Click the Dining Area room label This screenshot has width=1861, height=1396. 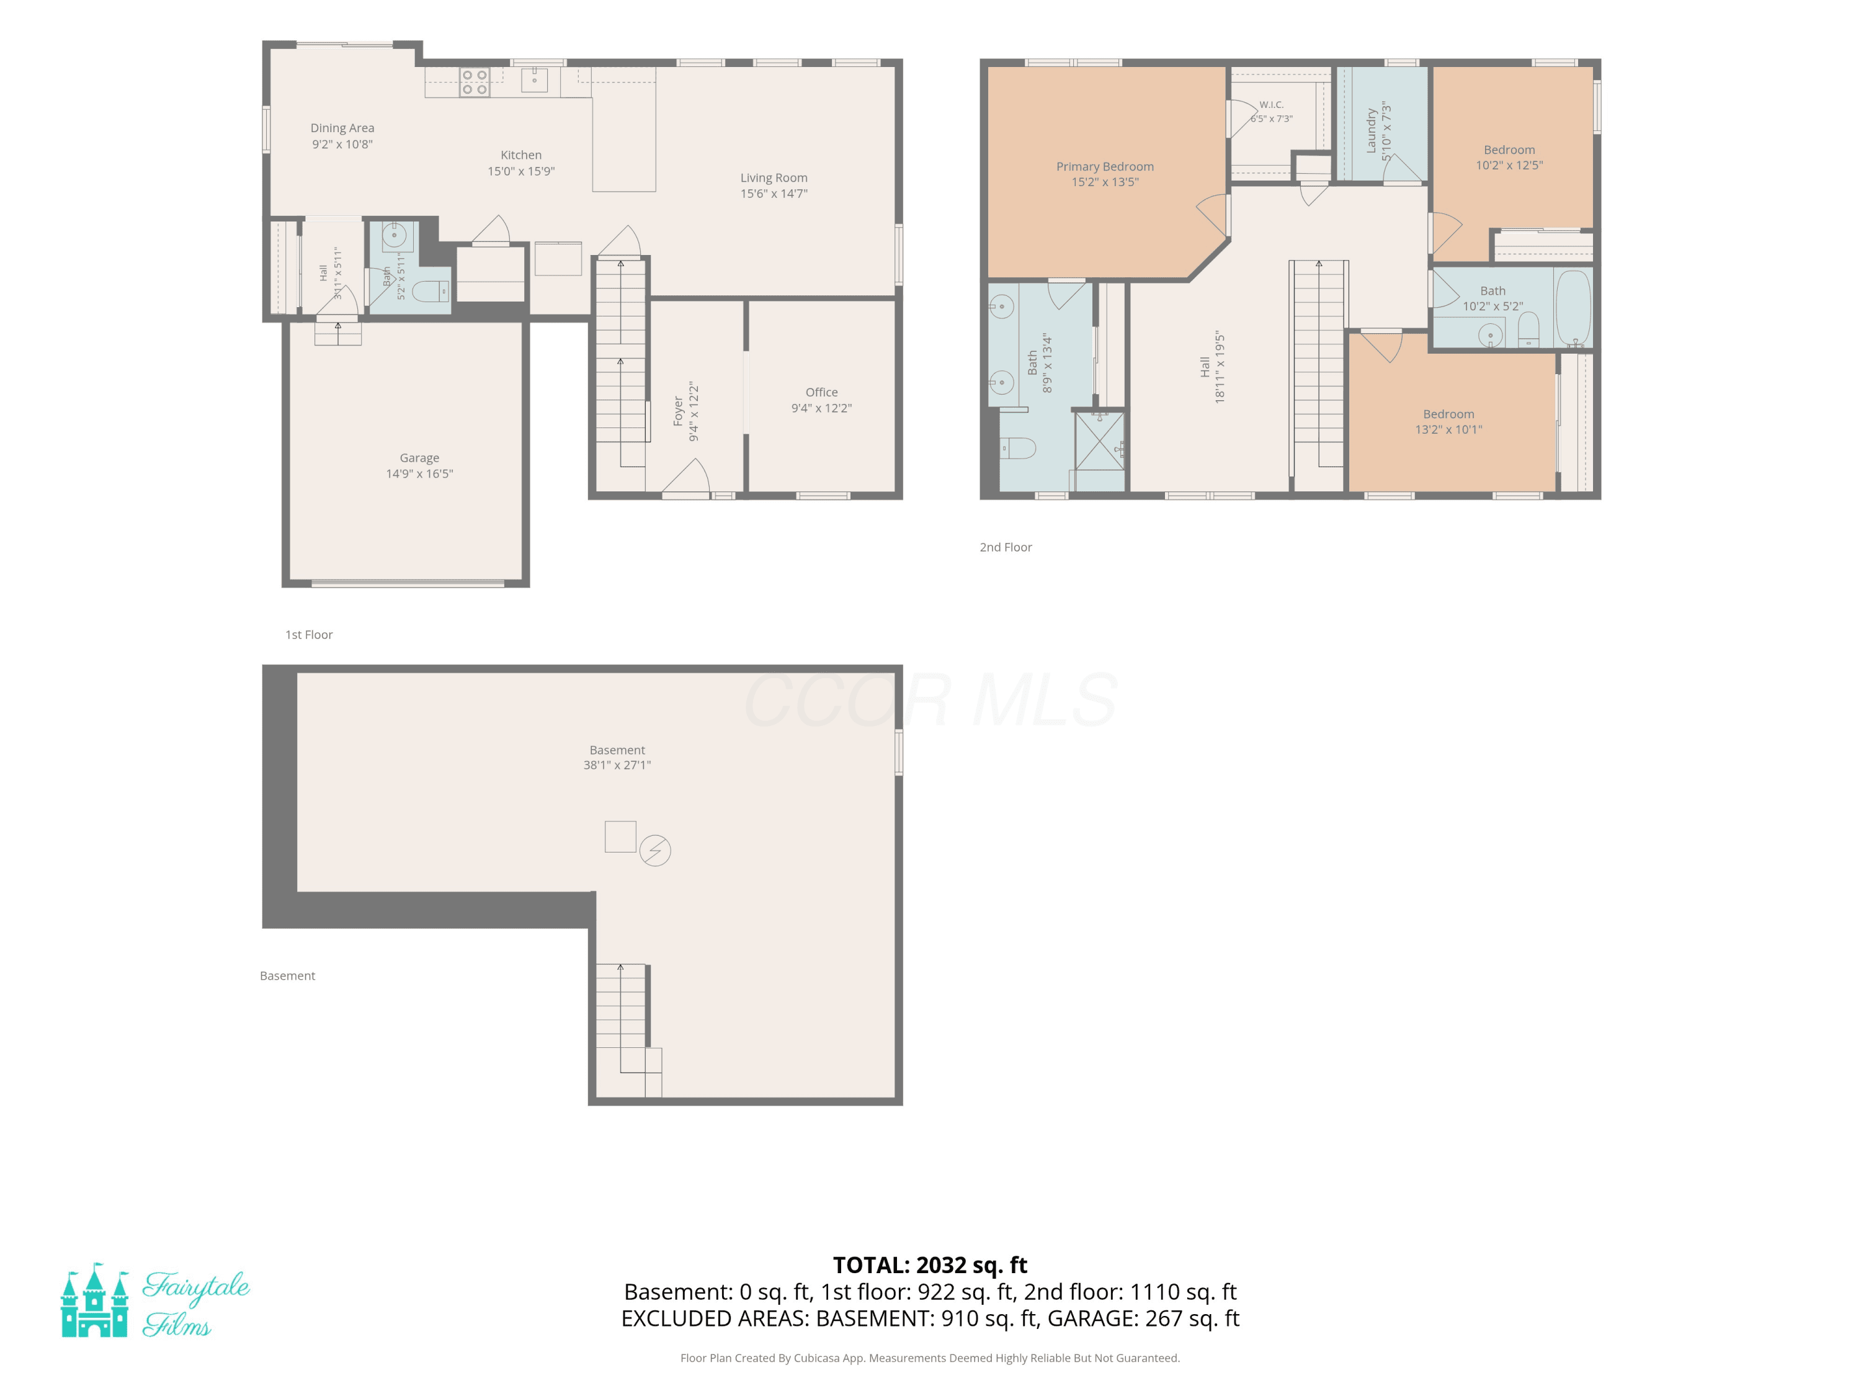(x=342, y=128)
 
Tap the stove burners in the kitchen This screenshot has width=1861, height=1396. (x=475, y=83)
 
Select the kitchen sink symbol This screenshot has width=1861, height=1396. (x=534, y=80)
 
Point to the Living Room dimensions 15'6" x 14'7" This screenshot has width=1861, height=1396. (x=774, y=194)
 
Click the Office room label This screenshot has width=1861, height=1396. (x=822, y=392)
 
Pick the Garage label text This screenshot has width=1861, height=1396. (x=420, y=458)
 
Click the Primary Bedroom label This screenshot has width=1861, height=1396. (x=1105, y=167)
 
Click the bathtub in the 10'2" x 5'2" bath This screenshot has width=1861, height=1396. (x=1573, y=307)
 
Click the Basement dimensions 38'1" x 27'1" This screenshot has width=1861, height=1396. (x=617, y=765)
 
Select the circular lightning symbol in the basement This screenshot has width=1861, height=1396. (x=656, y=851)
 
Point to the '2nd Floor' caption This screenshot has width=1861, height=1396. (x=1006, y=547)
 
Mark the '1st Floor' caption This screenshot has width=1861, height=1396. (x=309, y=635)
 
